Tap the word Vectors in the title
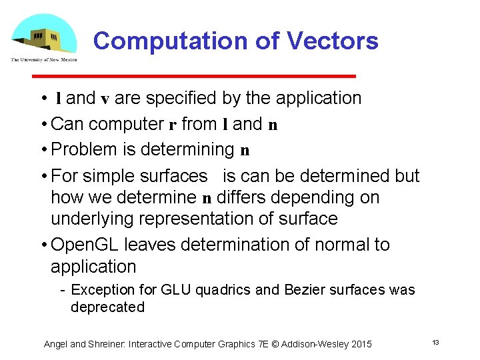click(x=333, y=41)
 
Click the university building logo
click(x=43, y=38)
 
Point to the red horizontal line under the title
click(x=223, y=75)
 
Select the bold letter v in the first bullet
click(x=105, y=99)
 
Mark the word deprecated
click(x=107, y=307)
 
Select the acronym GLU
click(x=171, y=290)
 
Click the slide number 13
click(x=435, y=342)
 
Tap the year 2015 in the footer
click(x=359, y=344)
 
